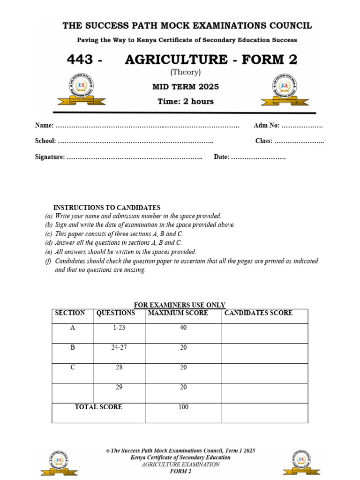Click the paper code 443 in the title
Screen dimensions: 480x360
[81, 60]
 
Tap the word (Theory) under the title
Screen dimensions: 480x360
[186, 72]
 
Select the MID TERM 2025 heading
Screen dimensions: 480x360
[186, 87]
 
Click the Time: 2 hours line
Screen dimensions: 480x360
[186, 101]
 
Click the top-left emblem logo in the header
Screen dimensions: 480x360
[82, 89]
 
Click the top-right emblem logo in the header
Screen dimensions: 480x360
[286, 89]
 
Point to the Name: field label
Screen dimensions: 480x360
[45, 126]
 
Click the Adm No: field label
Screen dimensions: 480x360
[266, 126]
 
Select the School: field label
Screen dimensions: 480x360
[45, 141]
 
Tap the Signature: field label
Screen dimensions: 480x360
[50, 157]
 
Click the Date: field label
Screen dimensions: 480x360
[221, 157]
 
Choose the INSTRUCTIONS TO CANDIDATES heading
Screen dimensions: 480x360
[107, 208]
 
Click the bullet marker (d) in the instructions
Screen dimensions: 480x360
[49, 243]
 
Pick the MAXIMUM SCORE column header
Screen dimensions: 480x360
[178, 313]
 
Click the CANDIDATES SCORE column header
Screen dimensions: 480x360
[258, 313]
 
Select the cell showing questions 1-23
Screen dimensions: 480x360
[119, 328]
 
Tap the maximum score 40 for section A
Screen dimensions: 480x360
[183, 328]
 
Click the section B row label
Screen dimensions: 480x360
[73, 348]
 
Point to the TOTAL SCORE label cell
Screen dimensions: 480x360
[98, 407]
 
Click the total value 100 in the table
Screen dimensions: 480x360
[183, 407]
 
